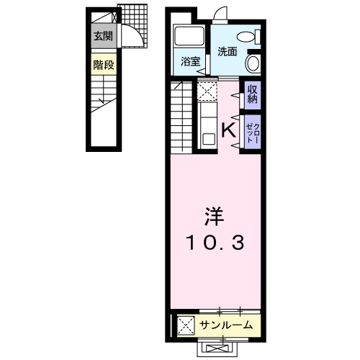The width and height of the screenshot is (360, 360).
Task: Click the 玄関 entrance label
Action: pyautogui.click(x=102, y=37)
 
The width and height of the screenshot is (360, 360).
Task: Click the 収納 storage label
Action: pyautogui.click(x=252, y=94)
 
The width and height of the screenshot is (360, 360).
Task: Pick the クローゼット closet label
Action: pyautogui.click(x=252, y=131)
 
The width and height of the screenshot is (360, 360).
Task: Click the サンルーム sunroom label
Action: pyautogui.click(x=226, y=325)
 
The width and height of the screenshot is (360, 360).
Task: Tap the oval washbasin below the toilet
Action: pyautogui.click(x=253, y=63)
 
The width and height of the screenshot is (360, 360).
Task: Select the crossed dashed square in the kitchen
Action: pyautogui.click(x=207, y=91)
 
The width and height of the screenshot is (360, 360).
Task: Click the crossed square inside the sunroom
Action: pyautogui.click(x=185, y=325)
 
